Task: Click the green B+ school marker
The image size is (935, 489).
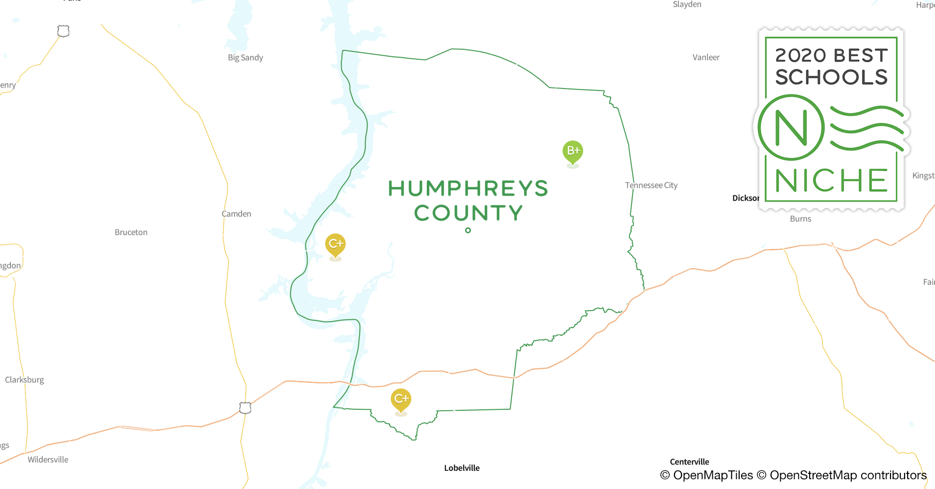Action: click(572, 151)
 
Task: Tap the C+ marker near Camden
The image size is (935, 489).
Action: click(335, 244)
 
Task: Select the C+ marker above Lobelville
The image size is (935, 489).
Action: click(401, 399)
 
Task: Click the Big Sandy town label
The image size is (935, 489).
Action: click(245, 58)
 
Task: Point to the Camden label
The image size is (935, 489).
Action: click(236, 214)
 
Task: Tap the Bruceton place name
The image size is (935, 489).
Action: click(131, 232)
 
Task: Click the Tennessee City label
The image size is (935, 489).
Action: click(651, 185)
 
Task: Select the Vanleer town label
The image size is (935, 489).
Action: click(706, 58)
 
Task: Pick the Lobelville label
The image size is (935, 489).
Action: click(462, 468)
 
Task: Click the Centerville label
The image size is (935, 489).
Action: click(689, 462)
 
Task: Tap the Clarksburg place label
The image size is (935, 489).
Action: click(24, 380)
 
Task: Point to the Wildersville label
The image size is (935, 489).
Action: click(48, 460)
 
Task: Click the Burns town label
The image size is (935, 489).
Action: click(800, 219)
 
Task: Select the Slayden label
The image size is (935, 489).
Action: click(687, 4)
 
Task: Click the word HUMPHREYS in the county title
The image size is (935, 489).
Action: click(468, 189)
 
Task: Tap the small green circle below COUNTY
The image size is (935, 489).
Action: click(468, 230)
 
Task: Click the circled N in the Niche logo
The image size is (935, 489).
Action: click(791, 128)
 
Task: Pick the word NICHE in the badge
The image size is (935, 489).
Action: click(831, 181)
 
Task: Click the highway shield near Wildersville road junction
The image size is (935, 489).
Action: click(245, 407)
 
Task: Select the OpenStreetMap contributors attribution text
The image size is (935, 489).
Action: click(847, 475)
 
